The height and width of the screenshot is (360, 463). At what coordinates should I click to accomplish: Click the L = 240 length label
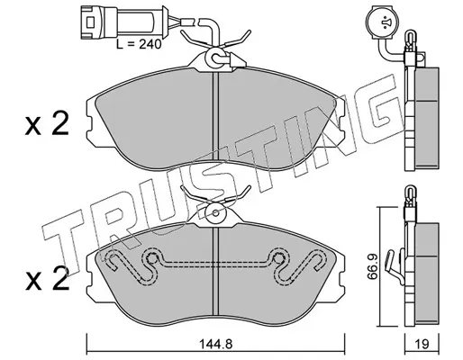coord(139,44)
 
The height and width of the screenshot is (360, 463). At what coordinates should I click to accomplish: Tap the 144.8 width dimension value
coord(216,344)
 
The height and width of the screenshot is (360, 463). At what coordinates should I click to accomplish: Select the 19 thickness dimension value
coord(422,344)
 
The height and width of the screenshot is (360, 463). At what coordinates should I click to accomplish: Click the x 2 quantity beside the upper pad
coord(47,123)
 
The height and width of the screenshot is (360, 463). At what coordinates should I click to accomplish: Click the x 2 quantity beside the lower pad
coord(47,278)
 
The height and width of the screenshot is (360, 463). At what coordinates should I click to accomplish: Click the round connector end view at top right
coord(382,22)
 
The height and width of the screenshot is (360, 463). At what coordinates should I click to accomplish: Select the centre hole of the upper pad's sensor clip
coord(215,57)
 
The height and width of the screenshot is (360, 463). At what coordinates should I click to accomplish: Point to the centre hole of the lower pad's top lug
coord(215,212)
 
